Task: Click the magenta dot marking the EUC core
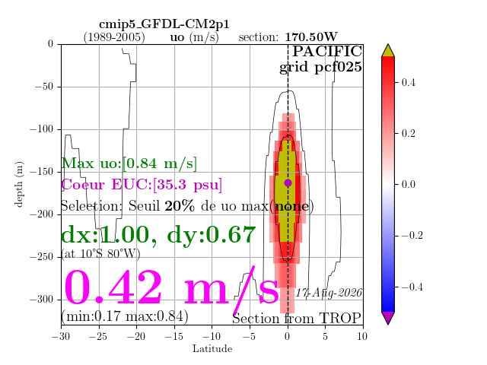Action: point(288,183)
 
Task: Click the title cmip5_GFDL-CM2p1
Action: point(164,24)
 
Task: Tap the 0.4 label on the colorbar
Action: point(408,83)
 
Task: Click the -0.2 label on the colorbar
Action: point(412,236)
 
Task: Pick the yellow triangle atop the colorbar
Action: point(388,51)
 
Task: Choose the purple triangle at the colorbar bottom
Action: point(388,318)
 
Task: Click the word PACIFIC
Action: point(327,52)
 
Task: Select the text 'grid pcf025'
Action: point(320,68)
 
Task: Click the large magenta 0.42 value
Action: point(113,287)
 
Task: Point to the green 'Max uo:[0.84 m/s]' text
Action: point(129,163)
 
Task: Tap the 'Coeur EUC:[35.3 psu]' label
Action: point(142,185)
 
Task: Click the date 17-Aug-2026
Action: point(329,293)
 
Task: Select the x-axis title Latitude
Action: point(212,349)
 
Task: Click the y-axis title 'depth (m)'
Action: point(18,184)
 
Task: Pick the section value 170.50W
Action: point(311,37)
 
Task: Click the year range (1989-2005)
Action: point(114,37)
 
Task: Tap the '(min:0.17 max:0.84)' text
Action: point(125,316)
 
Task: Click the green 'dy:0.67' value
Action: point(212,235)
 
